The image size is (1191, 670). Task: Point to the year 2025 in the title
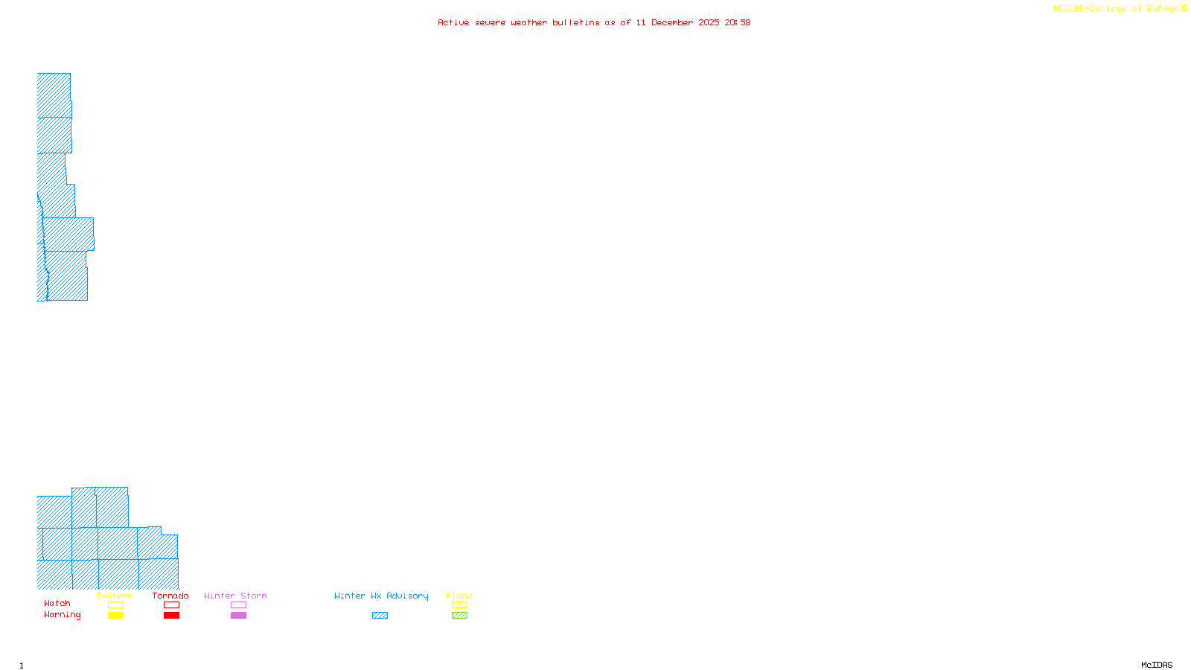pos(709,22)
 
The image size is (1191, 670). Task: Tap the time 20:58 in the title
pos(738,22)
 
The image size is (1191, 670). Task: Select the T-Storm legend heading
pos(115,596)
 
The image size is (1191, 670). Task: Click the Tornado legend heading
pos(170,596)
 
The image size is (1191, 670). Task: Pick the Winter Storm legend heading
pos(235,596)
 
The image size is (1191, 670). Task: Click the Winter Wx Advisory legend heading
pos(381,596)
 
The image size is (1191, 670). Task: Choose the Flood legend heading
pos(459,596)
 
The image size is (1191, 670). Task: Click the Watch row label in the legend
pos(57,603)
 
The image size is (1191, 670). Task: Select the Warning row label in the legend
pos(63,615)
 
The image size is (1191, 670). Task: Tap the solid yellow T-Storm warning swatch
pos(115,616)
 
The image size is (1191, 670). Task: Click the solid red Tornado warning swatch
pos(171,616)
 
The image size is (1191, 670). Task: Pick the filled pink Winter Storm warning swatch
pos(238,616)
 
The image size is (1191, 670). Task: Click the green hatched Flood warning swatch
pos(459,616)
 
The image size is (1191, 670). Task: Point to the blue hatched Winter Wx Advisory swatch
pos(380,616)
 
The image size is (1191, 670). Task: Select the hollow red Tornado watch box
pos(171,605)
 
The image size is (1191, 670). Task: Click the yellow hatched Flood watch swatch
pos(459,605)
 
